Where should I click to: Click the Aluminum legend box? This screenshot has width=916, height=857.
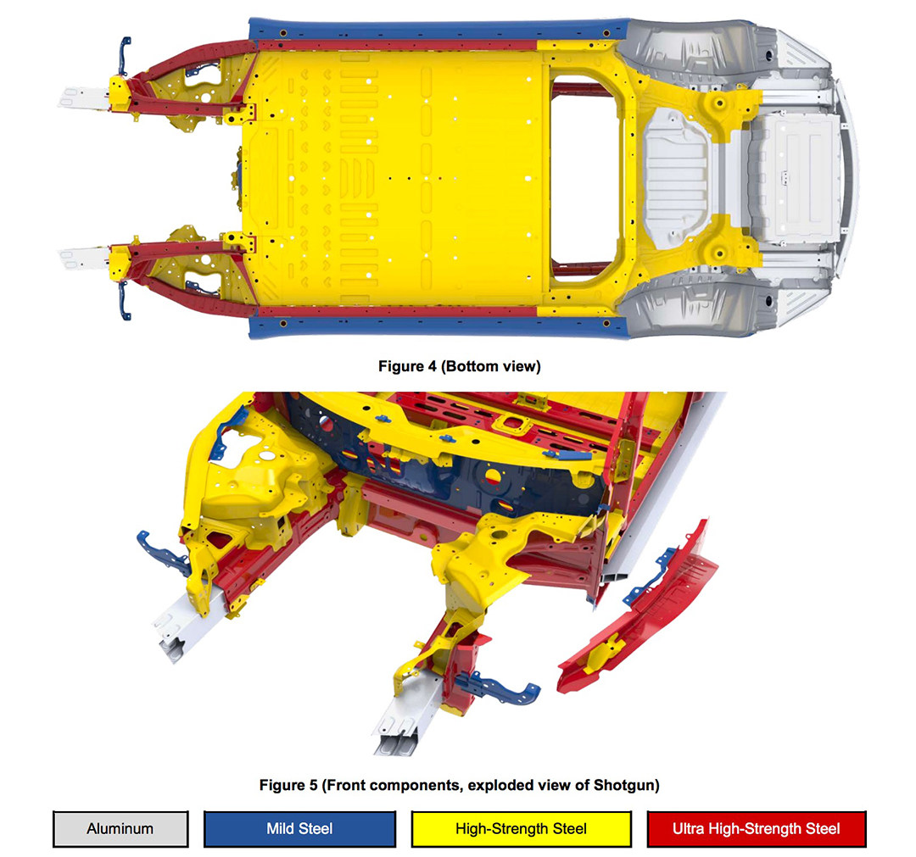point(120,828)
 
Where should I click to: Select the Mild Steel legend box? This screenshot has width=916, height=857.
point(299,828)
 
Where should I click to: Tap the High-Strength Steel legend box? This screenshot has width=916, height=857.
point(521,828)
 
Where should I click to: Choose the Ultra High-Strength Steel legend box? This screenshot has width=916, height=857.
point(757,828)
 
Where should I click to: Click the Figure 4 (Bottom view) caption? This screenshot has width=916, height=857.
point(459,366)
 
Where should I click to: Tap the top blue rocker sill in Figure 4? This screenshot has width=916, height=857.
point(438,29)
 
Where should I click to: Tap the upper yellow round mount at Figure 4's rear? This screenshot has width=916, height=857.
point(720,103)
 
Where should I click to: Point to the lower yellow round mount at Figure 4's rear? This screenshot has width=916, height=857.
point(720,253)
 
